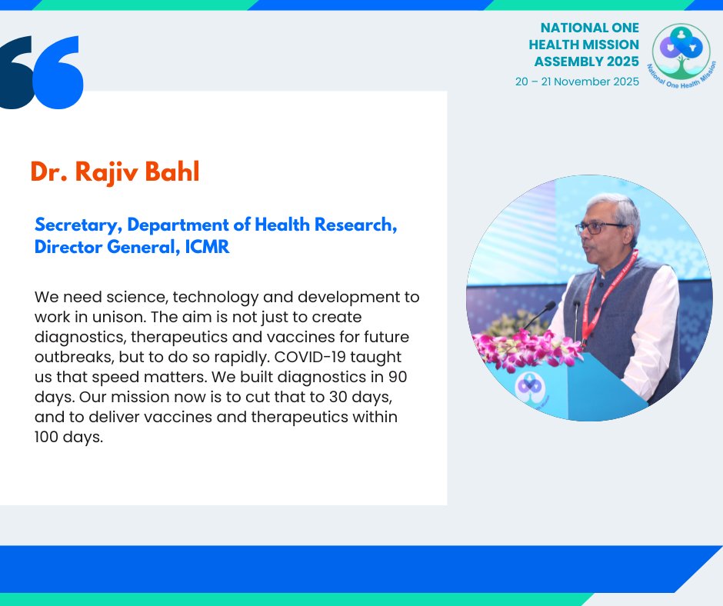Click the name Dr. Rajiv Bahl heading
[x=115, y=172]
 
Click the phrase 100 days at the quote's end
[x=68, y=437]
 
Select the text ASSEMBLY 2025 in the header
[x=588, y=62]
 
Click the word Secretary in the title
[x=77, y=225]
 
